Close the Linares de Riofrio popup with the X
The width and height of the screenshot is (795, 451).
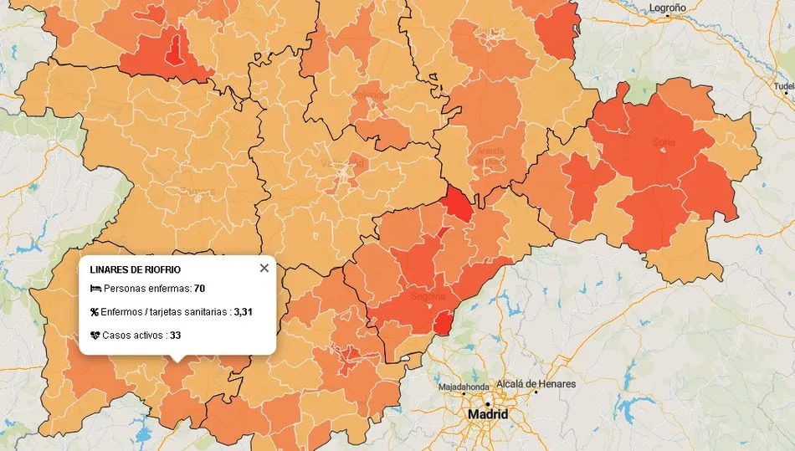[264, 268]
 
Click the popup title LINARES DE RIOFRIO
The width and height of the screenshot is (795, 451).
[135, 269]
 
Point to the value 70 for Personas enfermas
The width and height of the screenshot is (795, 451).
[199, 289]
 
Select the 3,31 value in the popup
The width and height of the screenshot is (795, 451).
[243, 312]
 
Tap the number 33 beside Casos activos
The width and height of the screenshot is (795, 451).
[176, 336]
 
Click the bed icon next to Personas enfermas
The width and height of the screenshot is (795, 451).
[95, 289]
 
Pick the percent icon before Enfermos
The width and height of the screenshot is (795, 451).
[95, 312]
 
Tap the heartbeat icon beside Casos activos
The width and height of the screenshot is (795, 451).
[95, 336]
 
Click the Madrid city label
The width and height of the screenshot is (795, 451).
[488, 414]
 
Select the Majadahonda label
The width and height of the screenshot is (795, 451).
[466, 387]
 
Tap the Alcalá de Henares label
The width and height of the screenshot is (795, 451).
[536, 384]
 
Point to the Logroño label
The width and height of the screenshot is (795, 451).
[667, 8]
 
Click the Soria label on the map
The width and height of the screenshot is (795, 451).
[664, 142]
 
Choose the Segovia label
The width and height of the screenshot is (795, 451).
[428, 296]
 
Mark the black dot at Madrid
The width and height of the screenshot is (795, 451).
[488, 404]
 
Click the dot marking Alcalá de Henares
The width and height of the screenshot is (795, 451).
[532, 392]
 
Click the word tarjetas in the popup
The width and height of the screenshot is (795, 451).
[185, 312]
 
